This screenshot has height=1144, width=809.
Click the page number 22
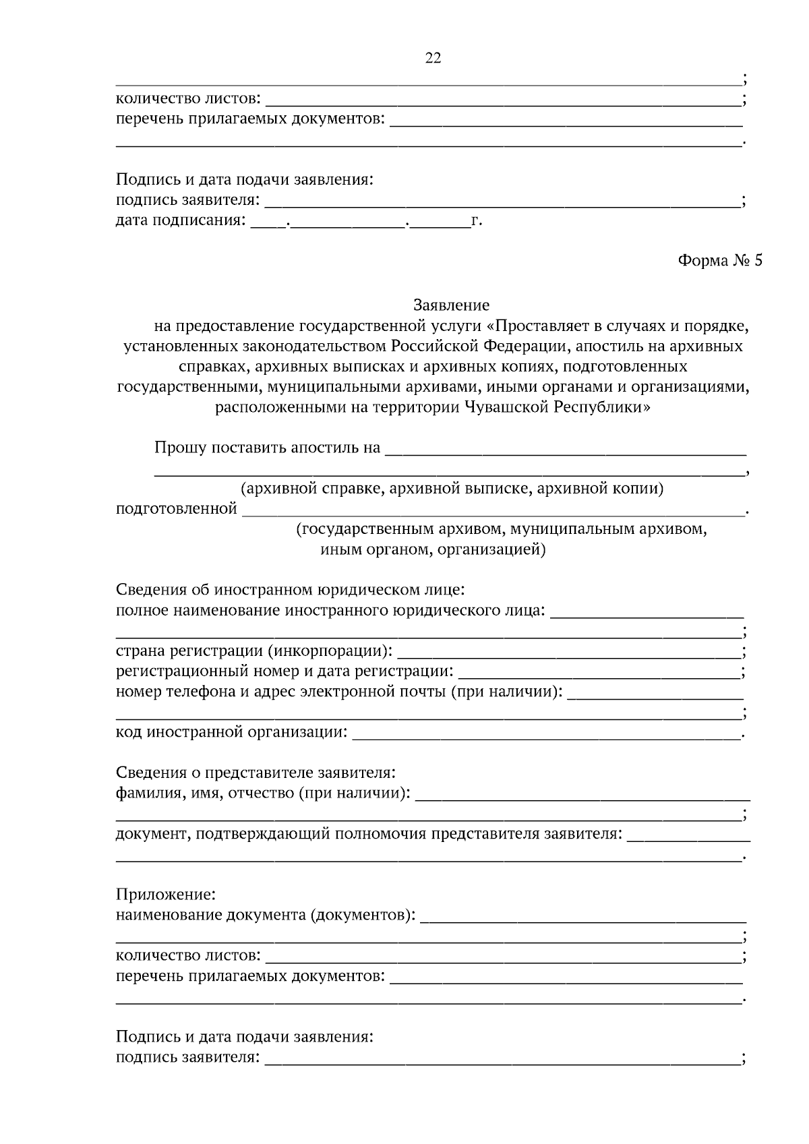click(433, 58)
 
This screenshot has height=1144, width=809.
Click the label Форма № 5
click(719, 261)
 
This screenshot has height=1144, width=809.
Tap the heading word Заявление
click(451, 305)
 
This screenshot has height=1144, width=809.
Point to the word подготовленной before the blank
click(177, 508)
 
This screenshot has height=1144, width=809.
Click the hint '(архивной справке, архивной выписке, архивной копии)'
click(452, 488)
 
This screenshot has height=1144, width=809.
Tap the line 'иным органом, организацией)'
click(433, 549)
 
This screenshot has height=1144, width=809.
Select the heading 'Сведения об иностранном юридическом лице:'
click(290, 590)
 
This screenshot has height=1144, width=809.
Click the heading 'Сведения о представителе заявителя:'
click(256, 773)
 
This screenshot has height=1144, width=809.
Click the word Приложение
click(166, 895)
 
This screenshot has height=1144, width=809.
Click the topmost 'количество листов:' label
click(188, 99)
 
